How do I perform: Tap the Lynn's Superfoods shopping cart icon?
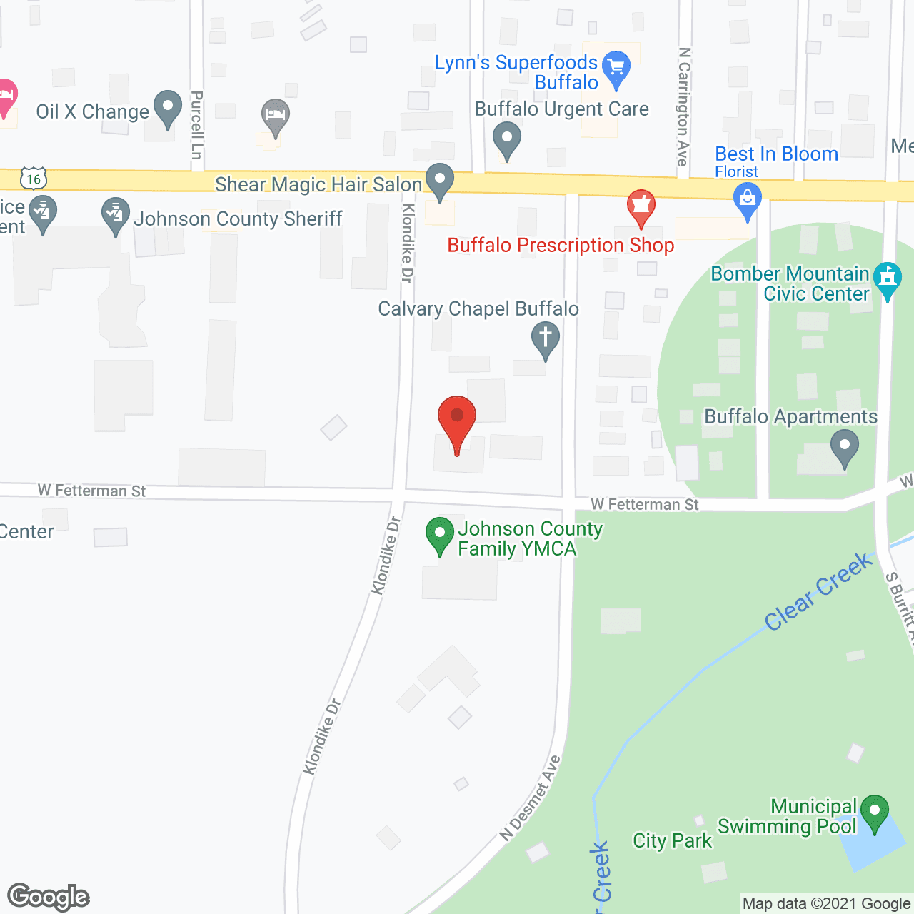click(616, 69)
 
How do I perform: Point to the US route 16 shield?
click(34, 178)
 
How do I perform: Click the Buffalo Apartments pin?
click(845, 447)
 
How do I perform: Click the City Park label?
click(672, 841)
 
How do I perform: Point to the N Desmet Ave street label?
click(531, 798)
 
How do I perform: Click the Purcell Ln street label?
click(197, 125)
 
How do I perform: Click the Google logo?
click(49, 896)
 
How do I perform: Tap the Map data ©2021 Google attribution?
click(826, 904)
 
